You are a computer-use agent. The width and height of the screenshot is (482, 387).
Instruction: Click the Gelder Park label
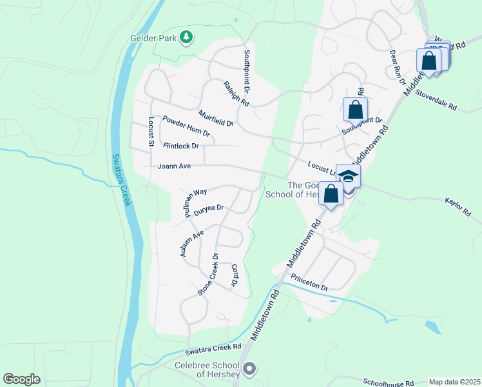pos(153,38)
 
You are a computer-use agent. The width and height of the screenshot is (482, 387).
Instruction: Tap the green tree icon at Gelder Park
pos(187,37)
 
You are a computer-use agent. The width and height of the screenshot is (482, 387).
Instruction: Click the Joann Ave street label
pos(174,166)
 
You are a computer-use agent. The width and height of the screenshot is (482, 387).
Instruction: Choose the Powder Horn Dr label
pos(186,126)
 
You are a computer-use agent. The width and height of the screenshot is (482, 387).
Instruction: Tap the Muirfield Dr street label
pos(216,117)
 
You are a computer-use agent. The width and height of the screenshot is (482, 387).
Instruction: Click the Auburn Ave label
pos(191,243)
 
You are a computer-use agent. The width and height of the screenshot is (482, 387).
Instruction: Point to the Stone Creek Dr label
pos(208,275)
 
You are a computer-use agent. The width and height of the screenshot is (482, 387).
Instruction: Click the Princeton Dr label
pos(309,282)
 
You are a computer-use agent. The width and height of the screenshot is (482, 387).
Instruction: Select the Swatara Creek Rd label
pos(213,349)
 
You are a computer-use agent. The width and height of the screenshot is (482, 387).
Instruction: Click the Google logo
pos(22,379)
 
